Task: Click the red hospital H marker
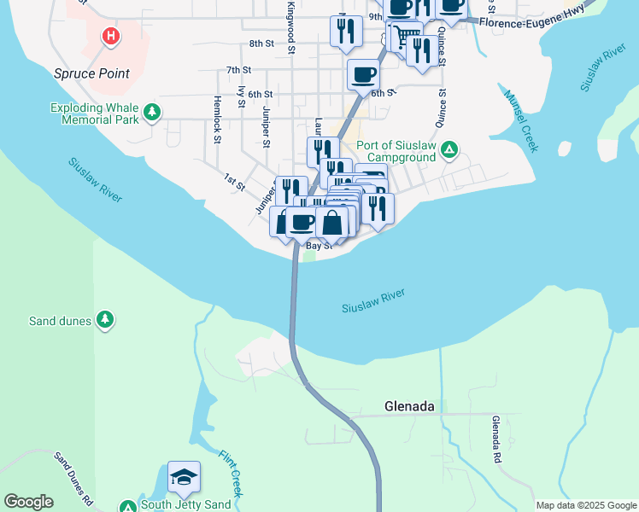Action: click(x=110, y=36)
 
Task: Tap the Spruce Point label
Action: click(x=92, y=73)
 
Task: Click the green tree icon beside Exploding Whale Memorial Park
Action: click(x=152, y=112)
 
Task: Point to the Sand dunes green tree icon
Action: click(x=105, y=319)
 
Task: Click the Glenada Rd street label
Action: click(x=496, y=439)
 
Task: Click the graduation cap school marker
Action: click(x=184, y=478)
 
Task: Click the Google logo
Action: click(x=28, y=502)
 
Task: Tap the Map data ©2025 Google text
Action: click(x=586, y=505)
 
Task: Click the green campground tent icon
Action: click(x=449, y=152)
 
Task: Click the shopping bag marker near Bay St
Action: click(x=332, y=224)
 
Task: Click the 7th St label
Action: click(x=238, y=70)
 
